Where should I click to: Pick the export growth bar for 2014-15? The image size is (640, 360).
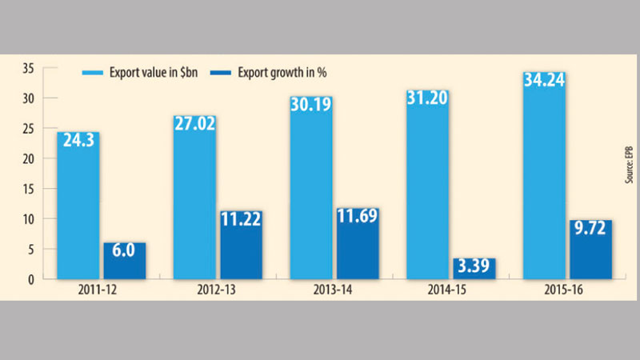click(x=474, y=269)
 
